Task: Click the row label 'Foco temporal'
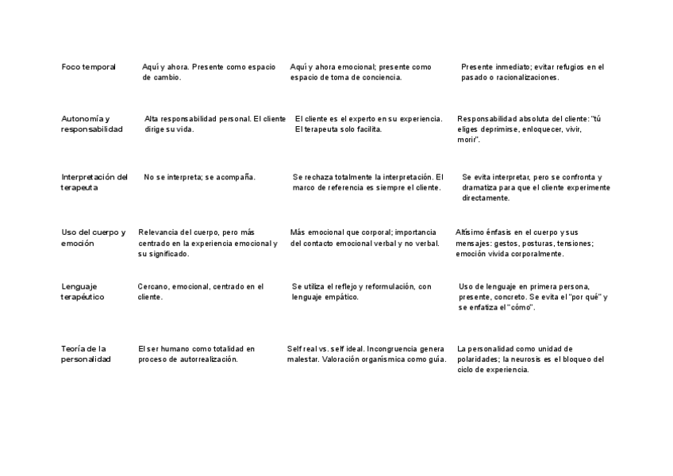pos(89,67)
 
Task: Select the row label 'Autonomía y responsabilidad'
pos(92,124)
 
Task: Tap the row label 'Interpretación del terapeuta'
pos(94,182)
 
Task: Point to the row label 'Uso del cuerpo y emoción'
pos(94,237)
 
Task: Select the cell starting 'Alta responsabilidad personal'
pos(215,124)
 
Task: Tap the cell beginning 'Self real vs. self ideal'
pos(366,354)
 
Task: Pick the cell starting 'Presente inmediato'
pos(533,72)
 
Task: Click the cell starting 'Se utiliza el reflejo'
pos(362,292)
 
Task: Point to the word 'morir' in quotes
pos(467,139)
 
